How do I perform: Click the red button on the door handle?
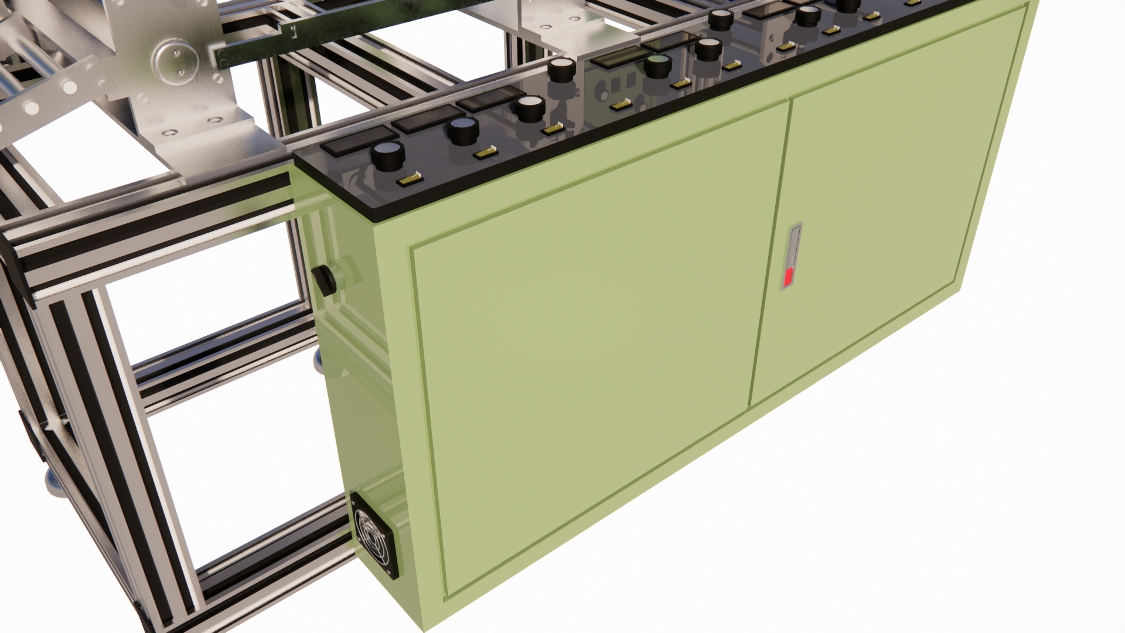789,277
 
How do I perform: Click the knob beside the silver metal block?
561,69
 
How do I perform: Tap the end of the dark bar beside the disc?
220,59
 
